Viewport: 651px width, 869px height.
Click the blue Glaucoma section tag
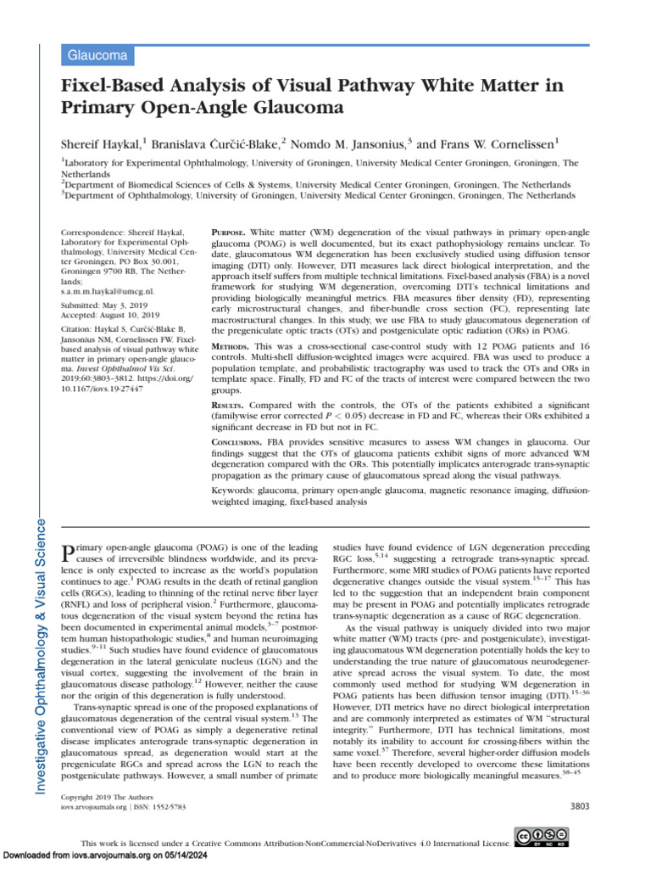(97, 56)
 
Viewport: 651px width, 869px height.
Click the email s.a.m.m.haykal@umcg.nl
(108, 290)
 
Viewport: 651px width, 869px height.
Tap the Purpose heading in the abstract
(227, 232)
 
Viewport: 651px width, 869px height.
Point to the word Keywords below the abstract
(231, 491)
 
